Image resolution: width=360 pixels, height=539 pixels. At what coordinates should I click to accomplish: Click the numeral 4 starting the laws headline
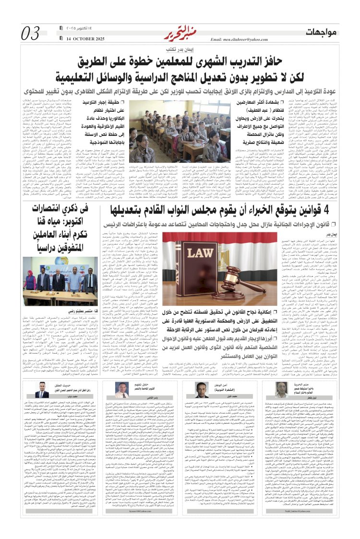pos(331,209)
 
